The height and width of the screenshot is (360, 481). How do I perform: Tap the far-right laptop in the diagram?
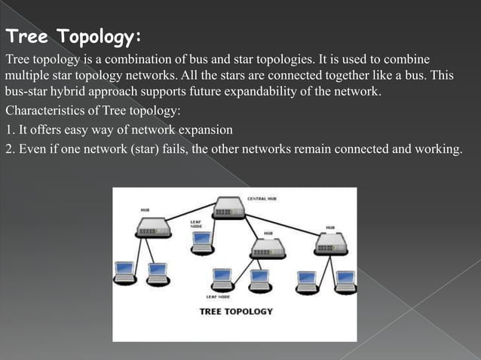(x=345, y=279)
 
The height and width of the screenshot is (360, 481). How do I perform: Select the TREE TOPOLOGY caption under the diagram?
(x=235, y=311)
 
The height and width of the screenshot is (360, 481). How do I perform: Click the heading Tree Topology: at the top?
(x=73, y=37)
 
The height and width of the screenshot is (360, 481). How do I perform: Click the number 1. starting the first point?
(x=10, y=130)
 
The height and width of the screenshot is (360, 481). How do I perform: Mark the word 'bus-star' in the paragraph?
(x=26, y=93)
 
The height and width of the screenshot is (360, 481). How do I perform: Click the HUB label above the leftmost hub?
(x=144, y=209)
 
